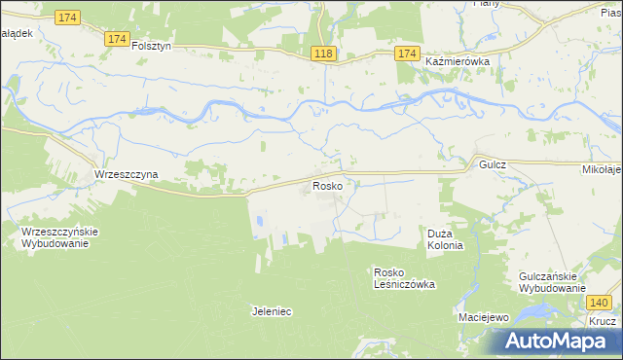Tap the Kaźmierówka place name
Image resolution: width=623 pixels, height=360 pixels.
coord(457,60)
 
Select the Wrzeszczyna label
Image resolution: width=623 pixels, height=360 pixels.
coord(126,174)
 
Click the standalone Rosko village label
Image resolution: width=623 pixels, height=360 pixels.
coord(326,185)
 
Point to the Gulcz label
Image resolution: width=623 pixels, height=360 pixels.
coord(492,166)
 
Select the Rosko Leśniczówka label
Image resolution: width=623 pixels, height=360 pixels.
coord(404,278)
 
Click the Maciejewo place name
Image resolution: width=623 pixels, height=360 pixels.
coord(484,318)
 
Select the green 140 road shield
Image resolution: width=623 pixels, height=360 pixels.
coord(600,304)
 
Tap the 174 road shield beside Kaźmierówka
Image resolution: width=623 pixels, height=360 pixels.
coord(407,54)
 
